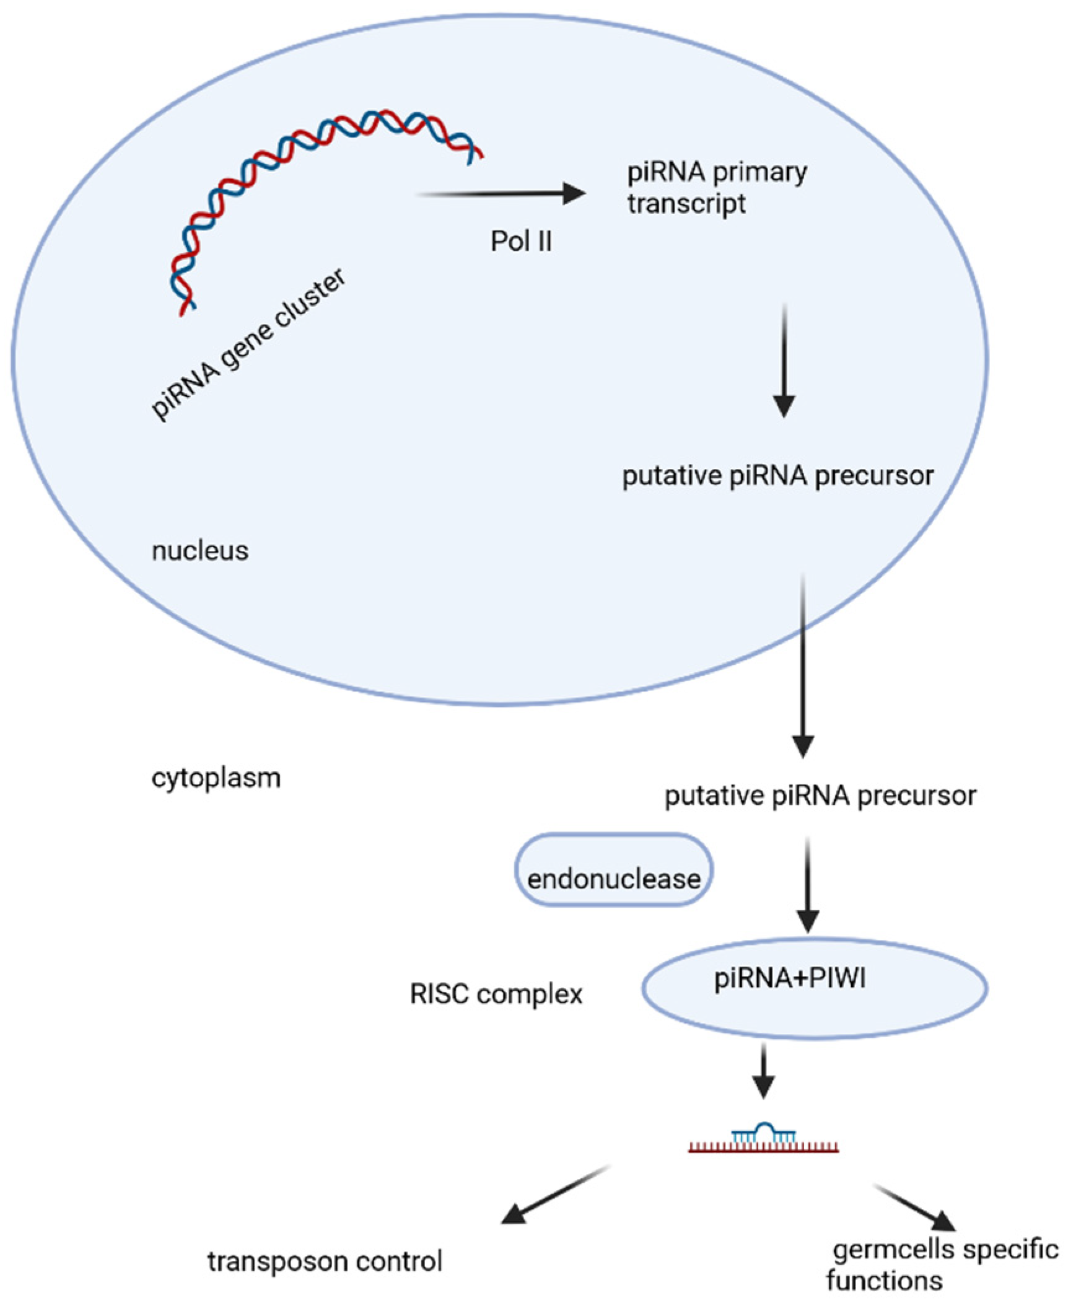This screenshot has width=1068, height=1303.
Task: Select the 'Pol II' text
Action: [x=520, y=241]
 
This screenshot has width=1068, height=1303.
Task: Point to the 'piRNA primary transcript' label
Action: [x=716, y=188]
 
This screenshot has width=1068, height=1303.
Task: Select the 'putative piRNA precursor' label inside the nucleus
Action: [x=777, y=476]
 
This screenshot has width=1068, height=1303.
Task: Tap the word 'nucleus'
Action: [x=199, y=550]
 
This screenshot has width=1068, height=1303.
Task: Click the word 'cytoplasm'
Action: [x=216, y=778]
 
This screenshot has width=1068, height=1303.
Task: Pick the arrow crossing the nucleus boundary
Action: [x=803, y=666]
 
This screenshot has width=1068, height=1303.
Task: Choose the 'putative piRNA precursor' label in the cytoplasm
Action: [x=820, y=795]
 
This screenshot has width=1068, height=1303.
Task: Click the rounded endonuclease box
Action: [x=613, y=871]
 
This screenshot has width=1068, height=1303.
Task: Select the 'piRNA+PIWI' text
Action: [x=789, y=980]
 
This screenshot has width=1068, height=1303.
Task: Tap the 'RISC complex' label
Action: [x=496, y=994]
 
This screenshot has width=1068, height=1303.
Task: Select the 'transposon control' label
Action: [x=325, y=1261]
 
